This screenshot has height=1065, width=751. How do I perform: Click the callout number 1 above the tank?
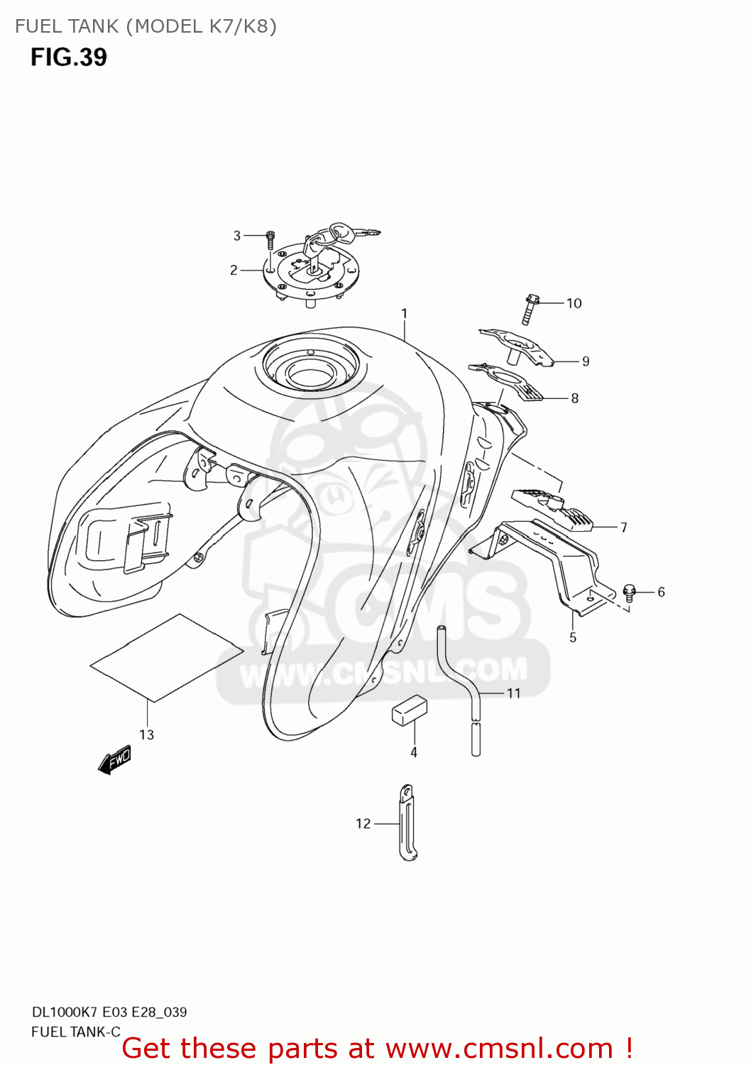(404, 313)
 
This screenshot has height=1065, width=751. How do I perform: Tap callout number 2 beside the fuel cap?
(234, 270)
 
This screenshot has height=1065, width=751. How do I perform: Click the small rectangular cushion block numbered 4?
(410, 710)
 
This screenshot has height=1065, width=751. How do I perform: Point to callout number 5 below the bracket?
(573, 637)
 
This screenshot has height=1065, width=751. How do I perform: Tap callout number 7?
(623, 527)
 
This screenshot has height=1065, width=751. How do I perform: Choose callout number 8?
(574, 398)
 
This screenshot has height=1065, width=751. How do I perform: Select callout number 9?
(586, 361)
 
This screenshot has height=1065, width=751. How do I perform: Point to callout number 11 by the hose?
(513, 693)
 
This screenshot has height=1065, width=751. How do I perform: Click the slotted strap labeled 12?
(407, 822)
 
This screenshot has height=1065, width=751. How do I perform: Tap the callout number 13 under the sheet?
(146, 734)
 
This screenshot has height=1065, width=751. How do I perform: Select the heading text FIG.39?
(68, 57)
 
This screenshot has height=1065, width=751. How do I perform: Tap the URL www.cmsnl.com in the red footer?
(499, 1048)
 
